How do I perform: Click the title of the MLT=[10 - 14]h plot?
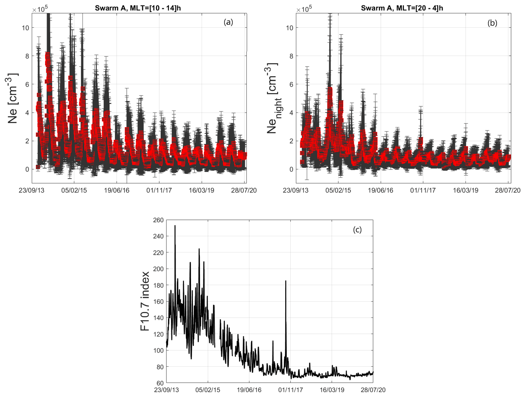[138, 8]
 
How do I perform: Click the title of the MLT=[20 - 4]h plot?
[402, 8]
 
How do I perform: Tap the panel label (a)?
[228, 22]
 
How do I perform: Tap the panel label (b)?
[492, 23]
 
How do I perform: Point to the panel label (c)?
[357, 230]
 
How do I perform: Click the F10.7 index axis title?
[145, 301]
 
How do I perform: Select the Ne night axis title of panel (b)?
[273, 98]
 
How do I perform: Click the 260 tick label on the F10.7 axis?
[158, 220]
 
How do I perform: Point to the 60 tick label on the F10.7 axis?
[160, 383]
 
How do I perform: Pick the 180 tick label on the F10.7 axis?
[158, 285]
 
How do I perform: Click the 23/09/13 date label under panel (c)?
[167, 390]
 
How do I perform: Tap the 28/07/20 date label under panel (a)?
[244, 190]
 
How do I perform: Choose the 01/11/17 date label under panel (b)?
[423, 190]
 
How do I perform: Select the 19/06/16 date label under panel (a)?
[117, 190]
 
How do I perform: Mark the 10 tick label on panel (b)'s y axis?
[290, 28]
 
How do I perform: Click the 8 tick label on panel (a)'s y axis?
[27, 56]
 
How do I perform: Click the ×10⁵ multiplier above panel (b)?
[304, 9]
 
